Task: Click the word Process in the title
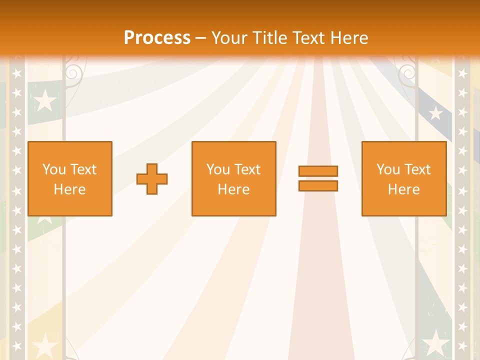pyautogui.click(x=157, y=38)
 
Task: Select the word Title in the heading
pyautogui.click(x=270, y=38)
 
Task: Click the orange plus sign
pyautogui.click(x=152, y=179)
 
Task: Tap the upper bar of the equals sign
pyautogui.click(x=318, y=171)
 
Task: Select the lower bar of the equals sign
pyautogui.click(x=318, y=186)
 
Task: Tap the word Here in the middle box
pyautogui.click(x=234, y=189)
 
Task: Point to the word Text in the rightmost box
pyautogui.click(x=418, y=169)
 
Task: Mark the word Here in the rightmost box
pyautogui.click(x=404, y=189)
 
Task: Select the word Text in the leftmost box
pyautogui.click(x=83, y=169)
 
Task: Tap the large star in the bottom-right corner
pyautogui.click(x=436, y=343)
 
